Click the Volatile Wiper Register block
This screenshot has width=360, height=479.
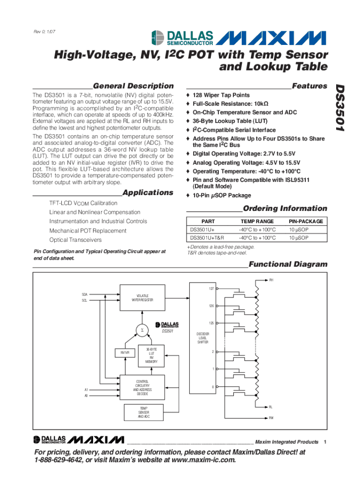pyautogui.click(x=143, y=298)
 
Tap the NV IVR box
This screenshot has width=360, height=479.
pyautogui.click(x=124, y=352)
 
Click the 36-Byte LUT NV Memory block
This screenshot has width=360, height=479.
pyautogui.click(x=151, y=356)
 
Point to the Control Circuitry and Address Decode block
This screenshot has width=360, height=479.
pyautogui.click(x=143, y=388)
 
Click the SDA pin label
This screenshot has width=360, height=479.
pyautogui.click(x=84, y=294)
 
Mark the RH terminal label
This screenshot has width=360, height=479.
pyautogui.click(x=271, y=280)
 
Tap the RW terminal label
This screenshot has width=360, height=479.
pyautogui.click(x=271, y=418)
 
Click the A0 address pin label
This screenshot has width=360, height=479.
pyautogui.click(x=86, y=396)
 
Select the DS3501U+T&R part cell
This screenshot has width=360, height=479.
pyautogui.click(x=207, y=238)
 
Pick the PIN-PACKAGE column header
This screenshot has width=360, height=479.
pyautogui.click(x=305, y=221)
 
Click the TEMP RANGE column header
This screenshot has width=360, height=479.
pyautogui.click(x=257, y=221)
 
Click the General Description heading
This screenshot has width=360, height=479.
pyautogui.click(x=133, y=86)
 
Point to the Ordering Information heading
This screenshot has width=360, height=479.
pyautogui.click(x=285, y=208)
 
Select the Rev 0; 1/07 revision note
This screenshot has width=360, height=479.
pyautogui.click(x=46, y=32)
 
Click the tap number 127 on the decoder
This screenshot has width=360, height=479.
pyautogui.click(x=211, y=289)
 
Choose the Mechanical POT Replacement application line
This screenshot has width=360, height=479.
pyautogui.click(x=88, y=231)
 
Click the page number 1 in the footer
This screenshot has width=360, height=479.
pyautogui.click(x=325, y=442)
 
